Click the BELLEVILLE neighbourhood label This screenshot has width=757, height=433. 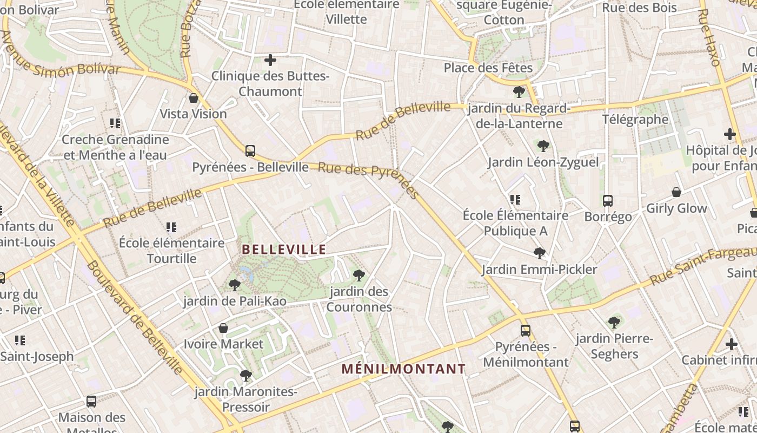284,250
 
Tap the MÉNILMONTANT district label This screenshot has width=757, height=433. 403,369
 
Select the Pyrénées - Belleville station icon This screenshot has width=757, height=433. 250,151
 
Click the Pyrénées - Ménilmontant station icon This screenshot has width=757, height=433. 525,330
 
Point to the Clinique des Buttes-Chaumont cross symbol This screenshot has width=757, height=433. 270,60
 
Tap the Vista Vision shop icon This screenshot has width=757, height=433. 193,98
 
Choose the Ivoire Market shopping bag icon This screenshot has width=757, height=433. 223,328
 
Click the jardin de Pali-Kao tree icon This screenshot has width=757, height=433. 234,285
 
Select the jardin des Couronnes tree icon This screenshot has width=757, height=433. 358,275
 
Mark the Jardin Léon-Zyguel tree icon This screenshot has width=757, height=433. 543,146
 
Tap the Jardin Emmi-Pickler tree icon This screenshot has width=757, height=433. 539,253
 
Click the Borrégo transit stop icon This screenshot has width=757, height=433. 607,201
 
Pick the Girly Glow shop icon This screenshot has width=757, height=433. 676,192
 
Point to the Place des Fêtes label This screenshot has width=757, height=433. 488,68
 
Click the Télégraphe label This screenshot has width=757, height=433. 635,119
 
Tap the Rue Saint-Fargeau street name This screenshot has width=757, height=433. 703,265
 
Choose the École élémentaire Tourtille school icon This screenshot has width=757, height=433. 171,227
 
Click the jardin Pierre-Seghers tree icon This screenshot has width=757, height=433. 614,323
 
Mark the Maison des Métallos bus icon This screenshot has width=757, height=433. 91,402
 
